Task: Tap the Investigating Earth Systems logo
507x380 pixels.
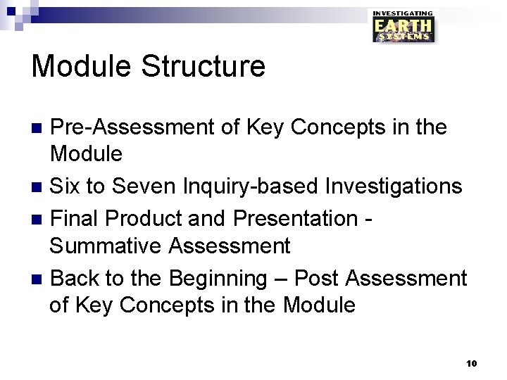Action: pos(403,27)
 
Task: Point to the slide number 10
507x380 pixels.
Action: pos(472,363)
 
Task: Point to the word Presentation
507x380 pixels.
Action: pos(295,218)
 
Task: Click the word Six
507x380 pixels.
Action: pos(65,186)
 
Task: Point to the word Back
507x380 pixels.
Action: pos(75,278)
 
